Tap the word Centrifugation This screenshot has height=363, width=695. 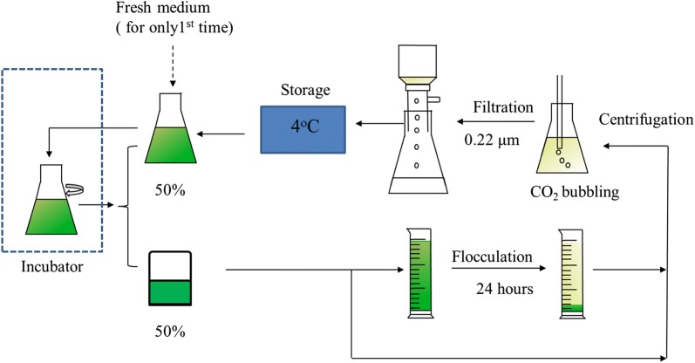click(646, 121)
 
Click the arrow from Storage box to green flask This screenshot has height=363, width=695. click(228, 133)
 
